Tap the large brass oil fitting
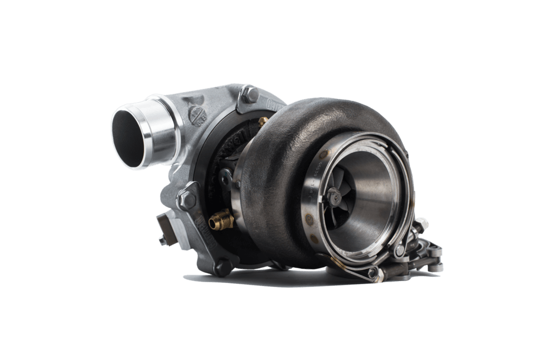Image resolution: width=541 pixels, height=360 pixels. (x=221, y=220)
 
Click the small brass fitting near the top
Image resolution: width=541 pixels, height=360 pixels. (x=262, y=121)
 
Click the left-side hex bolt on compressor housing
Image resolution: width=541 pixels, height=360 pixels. (x=185, y=199)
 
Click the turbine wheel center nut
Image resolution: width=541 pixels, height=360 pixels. (x=334, y=195)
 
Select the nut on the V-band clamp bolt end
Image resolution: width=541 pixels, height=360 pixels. (x=422, y=224)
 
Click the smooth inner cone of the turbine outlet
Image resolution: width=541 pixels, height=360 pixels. (x=378, y=198)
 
